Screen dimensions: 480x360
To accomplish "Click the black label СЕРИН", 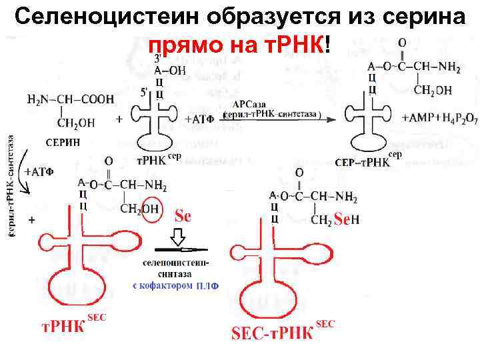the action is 63,142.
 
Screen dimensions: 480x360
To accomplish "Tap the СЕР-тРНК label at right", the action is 361,162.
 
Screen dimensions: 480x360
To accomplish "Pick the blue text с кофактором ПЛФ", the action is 175,286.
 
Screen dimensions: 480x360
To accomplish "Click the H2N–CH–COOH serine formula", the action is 70,100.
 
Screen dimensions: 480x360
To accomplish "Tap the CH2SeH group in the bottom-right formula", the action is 336,219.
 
